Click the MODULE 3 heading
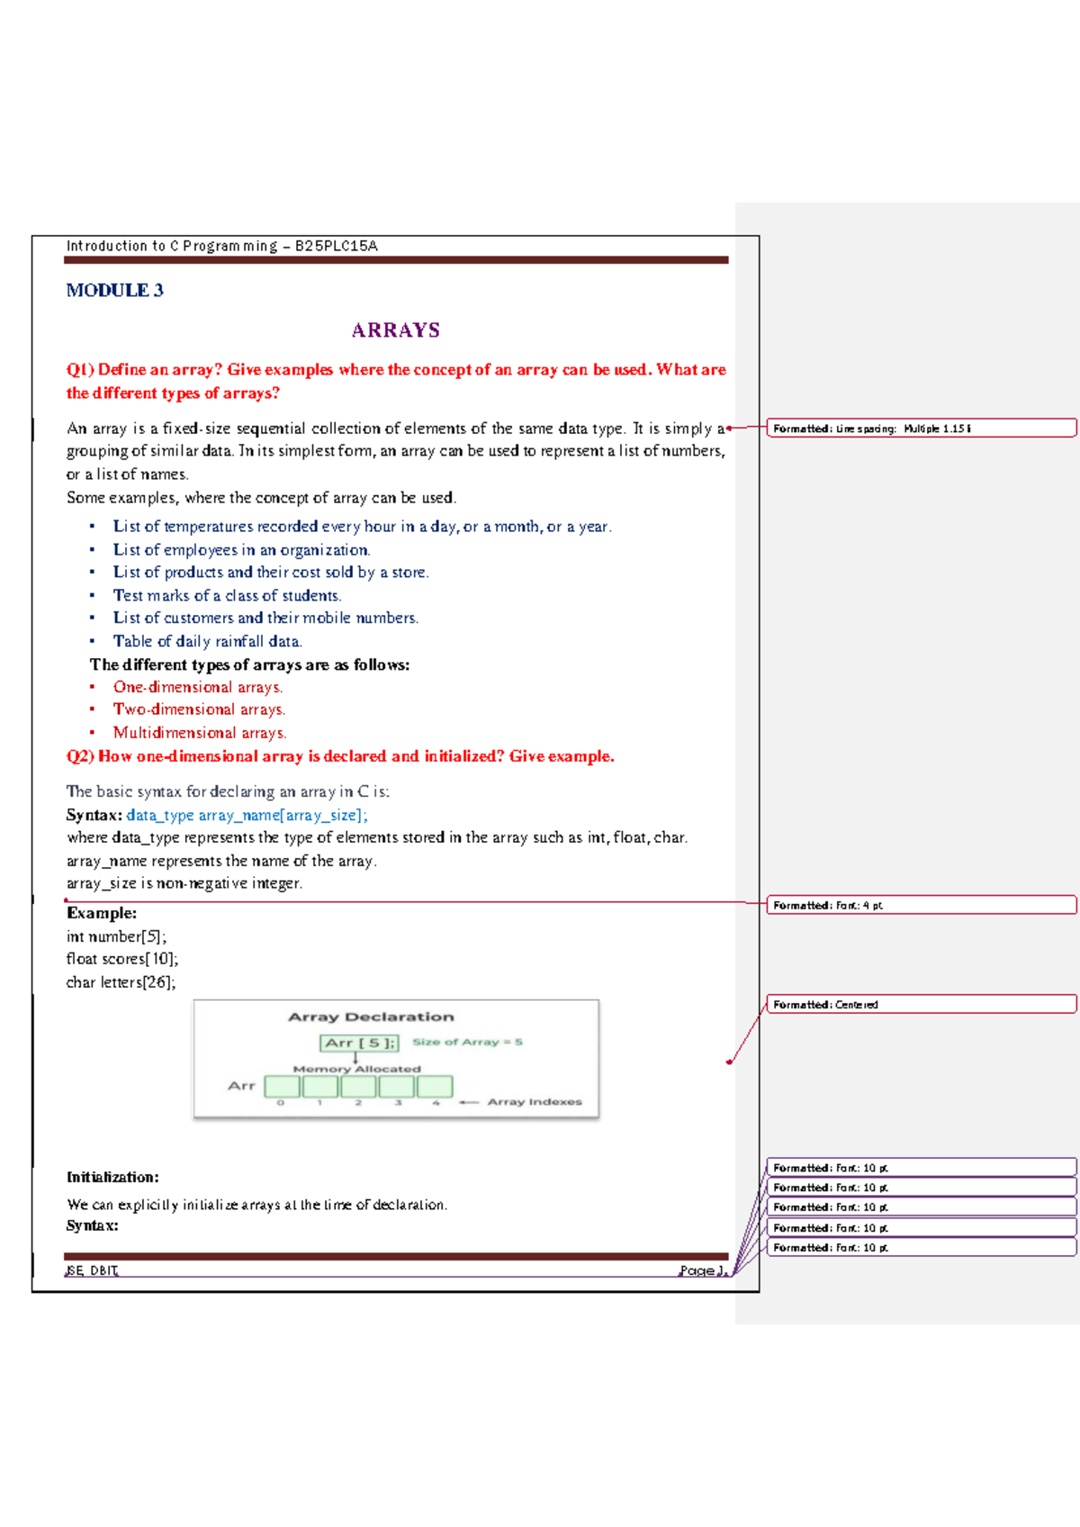pyautogui.click(x=114, y=290)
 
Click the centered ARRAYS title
pyautogui.click(x=395, y=330)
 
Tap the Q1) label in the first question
pyautogui.click(x=80, y=369)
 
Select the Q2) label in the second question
pyautogui.click(x=80, y=756)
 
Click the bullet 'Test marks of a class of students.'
pyautogui.click(x=227, y=595)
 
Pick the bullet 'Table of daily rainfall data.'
pyautogui.click(x=207, y=641)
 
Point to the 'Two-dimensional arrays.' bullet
pyautogui.click(x=199, y=709)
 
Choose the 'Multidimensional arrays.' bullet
pyautogui.click(x=200, y=733)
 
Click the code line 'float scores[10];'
pyautogui.click(x=122, y=959)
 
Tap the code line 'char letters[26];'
pyautogui.click(x=121, y=982)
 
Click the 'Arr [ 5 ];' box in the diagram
pyautogui.click(x=359, y=1043)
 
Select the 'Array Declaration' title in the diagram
pyautogui.click(x=371, y=1016)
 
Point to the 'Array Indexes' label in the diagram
pyautogui.click(x=535, y=1102)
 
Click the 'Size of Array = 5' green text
pyautogui.click(x=467, y=1042)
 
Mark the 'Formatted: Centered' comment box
pyautogui.click(x=921, y=1004)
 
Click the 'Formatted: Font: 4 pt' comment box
pyautogui.click(x=921, y=905)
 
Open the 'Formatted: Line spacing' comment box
pyautogui.click(x=921, y=428)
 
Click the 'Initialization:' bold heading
pyautogui.click(x=112, y=1177)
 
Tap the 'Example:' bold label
pyautogui.click(x=102, y=913)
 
